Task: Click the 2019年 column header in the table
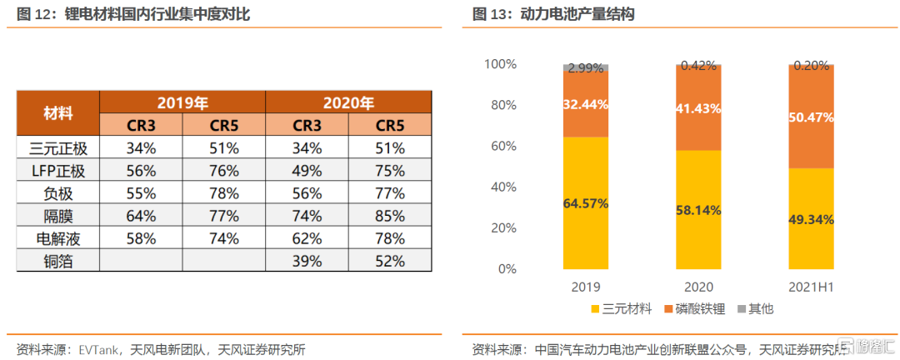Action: [x=182, y=103]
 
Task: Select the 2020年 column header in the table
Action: [x=348, y=103]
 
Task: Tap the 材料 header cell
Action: [x=58, y=114]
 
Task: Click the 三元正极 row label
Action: [x=58, y=148]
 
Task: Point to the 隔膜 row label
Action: [x=58, y=216]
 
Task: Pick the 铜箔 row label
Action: [x=58, y=261]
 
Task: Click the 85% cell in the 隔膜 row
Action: [x=390, y=216]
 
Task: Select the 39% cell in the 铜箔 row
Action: [x=307, y=261]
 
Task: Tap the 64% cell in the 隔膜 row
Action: [x=141, y=216]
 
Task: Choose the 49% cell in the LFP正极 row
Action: [x=307, y=171]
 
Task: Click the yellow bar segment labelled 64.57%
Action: [x=585, y=203]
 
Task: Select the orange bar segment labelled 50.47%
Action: [x=811, y=117]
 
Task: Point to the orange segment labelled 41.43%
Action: [x=697, y=108]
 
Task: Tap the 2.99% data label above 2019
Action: [x=585, y=69]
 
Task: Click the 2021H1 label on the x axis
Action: [x=811, y=287]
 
